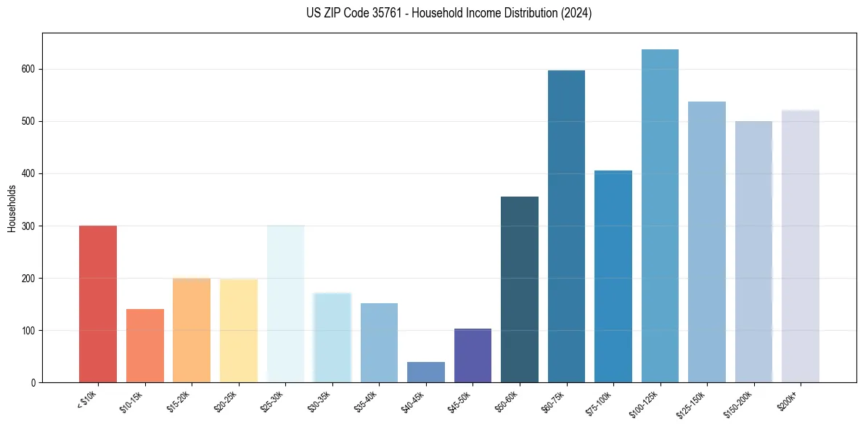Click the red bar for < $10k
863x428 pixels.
point(97,304)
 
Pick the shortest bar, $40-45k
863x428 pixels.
point(425,372)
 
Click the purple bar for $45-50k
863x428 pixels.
point(473,355)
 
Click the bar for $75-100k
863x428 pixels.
point(613,276)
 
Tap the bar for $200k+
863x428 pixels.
point(800,247)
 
